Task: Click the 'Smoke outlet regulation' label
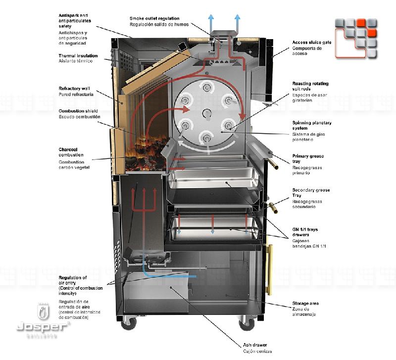[x=154, y=19]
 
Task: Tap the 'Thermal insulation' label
[x=78, y=56]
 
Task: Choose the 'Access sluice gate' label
[x=311, y=43]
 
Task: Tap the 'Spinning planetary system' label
[x=311, y=125]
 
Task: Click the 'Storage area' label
[x=305, y=303]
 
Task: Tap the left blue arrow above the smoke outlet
[x=211, y=20]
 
